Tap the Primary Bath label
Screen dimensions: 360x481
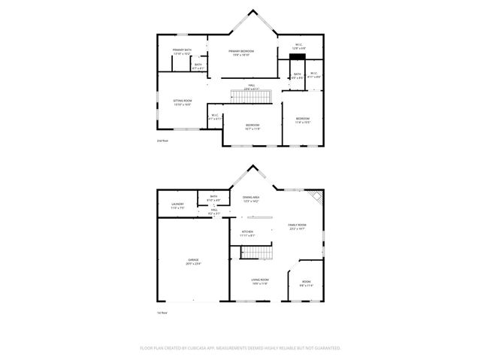click(x=183, y=52)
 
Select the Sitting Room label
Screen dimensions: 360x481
click(x=183, y=103)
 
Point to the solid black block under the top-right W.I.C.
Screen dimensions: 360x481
click(x=297, y=56)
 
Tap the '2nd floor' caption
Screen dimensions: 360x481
click(x=162, y=141)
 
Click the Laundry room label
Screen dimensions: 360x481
click(x=177, y=205)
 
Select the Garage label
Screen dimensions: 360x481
click(x=193, y=262)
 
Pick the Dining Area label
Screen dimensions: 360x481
click(x=250, y=199)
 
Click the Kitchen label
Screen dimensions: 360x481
click(x=247, y=233)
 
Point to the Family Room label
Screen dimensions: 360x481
click(x=298, y=226)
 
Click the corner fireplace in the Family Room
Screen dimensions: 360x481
click(x=319, y=196)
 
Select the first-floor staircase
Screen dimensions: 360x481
click(x=259, y=254)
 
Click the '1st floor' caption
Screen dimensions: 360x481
click(x=161, y=312)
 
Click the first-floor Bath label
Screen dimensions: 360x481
click(x=213, y=199)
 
